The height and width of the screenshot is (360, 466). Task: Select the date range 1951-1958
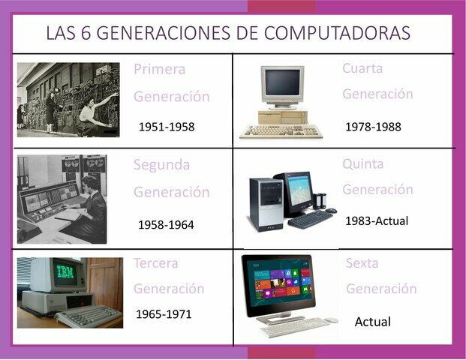(x=167, y=127)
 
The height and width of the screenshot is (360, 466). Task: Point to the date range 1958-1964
(x=166, y=224)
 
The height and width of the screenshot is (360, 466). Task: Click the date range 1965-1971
(x=164, y=313)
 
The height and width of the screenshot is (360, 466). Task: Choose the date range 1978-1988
(x=373, y=127)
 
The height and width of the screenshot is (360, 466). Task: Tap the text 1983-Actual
(x=378, y=221)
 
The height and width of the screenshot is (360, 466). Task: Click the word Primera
(x=159, y=70)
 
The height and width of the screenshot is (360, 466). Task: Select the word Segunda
(x=161, y=165)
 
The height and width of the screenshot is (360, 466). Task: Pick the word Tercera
(x=156, y=263)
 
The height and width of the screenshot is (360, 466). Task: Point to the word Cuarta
(x=362, y=68)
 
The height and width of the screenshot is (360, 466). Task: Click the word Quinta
(x=363, y=163)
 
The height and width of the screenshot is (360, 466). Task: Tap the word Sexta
(x=362, y=263)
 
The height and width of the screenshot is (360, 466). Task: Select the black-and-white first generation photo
(x=68, y=99)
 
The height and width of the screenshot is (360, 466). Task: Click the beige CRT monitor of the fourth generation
(x=282, y=85)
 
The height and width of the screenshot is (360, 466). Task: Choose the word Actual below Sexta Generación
(x=373, y=322)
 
